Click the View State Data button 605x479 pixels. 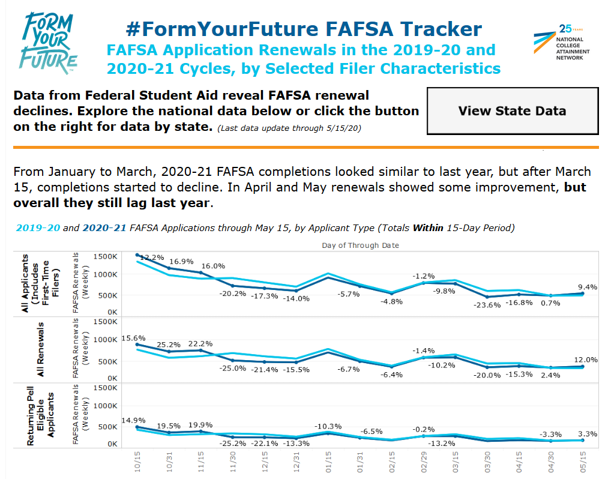512,110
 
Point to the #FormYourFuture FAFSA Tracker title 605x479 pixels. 304,28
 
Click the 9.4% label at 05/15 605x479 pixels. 588,287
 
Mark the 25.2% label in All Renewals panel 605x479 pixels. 168,345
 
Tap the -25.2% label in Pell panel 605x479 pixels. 232,444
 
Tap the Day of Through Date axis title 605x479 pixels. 360,245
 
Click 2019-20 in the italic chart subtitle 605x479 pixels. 37,228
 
